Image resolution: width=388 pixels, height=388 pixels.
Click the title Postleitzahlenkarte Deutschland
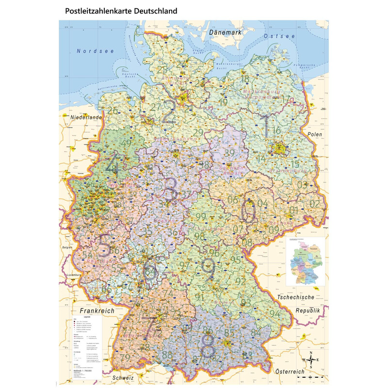point(121,10)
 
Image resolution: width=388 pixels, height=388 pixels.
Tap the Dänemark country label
point(226,32)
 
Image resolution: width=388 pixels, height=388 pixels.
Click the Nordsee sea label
point(95,50)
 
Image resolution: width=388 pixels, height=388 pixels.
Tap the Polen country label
point(315,134)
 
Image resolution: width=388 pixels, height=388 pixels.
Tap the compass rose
point(310,359)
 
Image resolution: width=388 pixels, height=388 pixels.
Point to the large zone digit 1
point(265,127)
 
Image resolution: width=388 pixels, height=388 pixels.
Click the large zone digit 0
point(248,212)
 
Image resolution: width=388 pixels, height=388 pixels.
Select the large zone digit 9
point(208,270)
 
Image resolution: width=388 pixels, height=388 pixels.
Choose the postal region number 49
point(127,144)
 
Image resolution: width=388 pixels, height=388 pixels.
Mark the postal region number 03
point(303,185)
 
